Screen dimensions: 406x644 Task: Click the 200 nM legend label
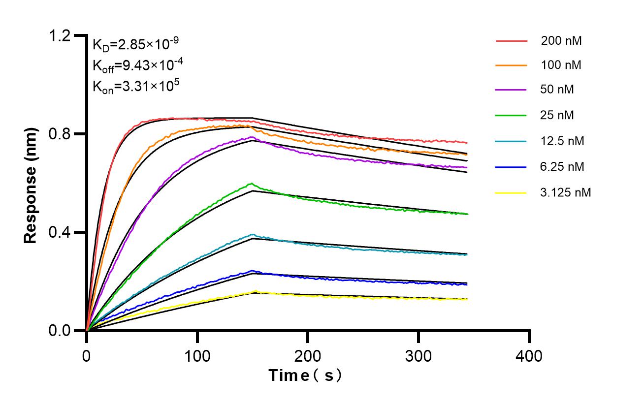pos(561,41)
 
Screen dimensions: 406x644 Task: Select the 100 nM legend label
pos(561,65)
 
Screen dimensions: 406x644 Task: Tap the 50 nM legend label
pos(557,90)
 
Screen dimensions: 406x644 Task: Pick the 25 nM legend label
pos(557,116)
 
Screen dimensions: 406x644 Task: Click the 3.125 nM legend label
pos(565,192)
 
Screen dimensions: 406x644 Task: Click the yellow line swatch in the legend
pos(512,192)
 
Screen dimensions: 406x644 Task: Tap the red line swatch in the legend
pos(512,41)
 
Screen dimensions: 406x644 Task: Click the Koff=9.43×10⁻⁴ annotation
pos(135,65)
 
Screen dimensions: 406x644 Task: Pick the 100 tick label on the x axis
pos(197,354)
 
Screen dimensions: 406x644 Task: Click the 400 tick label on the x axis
pos(529,354)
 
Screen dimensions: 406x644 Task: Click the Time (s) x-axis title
pos(306,376)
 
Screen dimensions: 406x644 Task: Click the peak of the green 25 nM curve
pos(251,184)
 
